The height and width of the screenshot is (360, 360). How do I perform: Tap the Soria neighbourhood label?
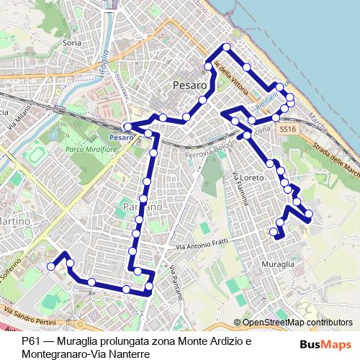71,43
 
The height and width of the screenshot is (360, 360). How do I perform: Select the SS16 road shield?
287,129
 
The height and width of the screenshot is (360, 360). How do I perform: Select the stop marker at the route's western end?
51,266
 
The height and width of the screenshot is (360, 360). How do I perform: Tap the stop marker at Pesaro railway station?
127,127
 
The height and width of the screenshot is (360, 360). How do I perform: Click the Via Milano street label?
16,122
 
